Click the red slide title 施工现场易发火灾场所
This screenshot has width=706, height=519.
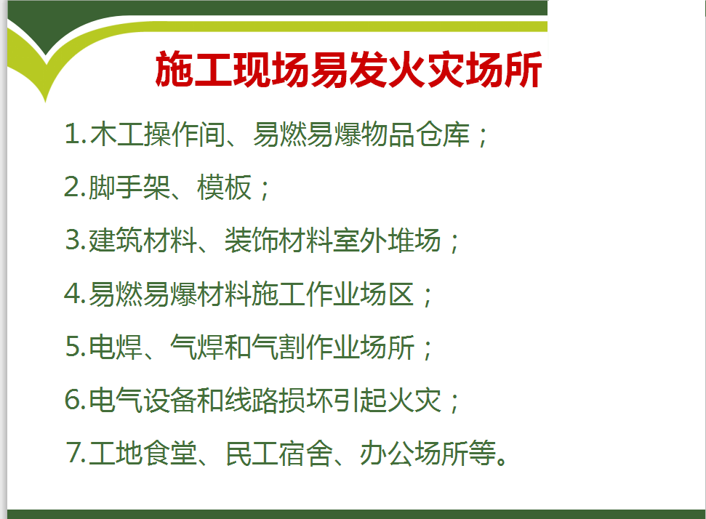348,69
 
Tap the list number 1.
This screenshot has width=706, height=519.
73,134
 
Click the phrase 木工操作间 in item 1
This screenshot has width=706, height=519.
158,134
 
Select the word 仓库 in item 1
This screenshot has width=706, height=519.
443,134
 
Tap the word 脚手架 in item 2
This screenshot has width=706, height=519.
129,188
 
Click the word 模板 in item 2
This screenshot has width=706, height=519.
224,188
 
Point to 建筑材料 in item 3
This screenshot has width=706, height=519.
143,241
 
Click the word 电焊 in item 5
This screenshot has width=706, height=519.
116,347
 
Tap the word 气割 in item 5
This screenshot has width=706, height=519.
278,347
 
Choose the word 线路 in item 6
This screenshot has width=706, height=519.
252,400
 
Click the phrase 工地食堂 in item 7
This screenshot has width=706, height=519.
143,453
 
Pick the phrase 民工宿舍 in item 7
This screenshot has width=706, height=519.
278,453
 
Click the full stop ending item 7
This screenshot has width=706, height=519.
502,460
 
